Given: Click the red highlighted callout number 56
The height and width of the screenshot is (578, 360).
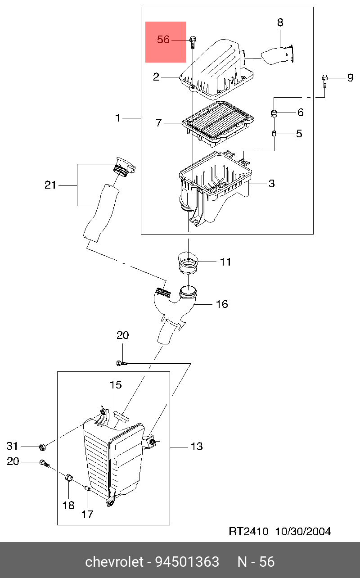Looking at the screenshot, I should click(x=163, y=40).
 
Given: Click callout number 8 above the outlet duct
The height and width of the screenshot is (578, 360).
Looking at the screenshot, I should click(x=280, y=22).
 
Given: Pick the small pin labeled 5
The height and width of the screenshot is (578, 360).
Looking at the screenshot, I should click(x=273, y=133).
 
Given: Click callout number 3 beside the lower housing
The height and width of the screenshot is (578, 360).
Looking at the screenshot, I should click(x=271, y=184).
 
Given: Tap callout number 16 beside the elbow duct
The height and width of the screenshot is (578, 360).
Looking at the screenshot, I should click(x=222, y=304).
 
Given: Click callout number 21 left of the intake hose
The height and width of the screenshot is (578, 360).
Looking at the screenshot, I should click(x=50, y=185).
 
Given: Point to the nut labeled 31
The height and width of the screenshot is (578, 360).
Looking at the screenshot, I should click(x=42, y=447).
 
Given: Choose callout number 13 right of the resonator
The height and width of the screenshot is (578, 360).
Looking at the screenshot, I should click(x=197, y=447).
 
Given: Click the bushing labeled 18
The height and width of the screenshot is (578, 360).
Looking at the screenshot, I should click(x=69, y=478).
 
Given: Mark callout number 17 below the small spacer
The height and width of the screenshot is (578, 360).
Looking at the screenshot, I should click(x=87, y=514).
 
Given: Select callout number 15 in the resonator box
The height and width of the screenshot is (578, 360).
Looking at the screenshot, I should click(x=116, y=385).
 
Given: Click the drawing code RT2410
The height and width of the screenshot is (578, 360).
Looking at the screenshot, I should click(x=249, y=532).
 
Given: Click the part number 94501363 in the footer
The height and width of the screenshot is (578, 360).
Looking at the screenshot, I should click(x=187, y=562).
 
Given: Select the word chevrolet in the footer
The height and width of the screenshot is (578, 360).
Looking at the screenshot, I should click(x=115, y=562).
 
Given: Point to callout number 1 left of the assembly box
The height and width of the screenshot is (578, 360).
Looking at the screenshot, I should click(x=117, y=118).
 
